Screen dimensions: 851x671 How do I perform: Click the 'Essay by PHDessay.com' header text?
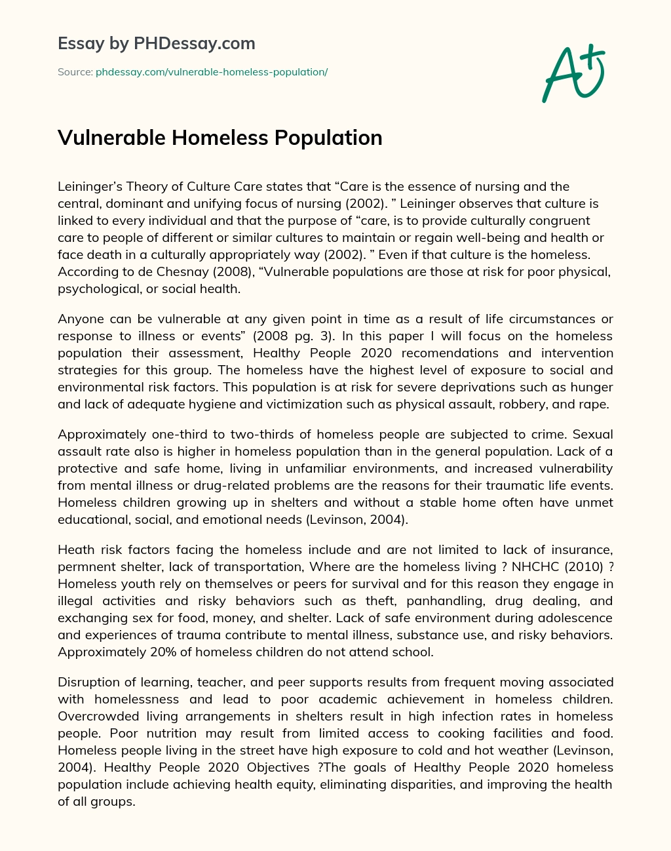pyautogui.click(x=157, y=44)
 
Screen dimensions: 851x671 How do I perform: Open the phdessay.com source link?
pyautogui.click(x=212, y=72)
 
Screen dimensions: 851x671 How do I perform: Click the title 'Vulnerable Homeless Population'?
pyautogui.click(x=220, y=138)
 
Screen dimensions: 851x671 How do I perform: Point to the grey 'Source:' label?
pyautogui.click(x=75, y=72)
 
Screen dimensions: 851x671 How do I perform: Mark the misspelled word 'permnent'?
pyautogui.click(x=85, y=567)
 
